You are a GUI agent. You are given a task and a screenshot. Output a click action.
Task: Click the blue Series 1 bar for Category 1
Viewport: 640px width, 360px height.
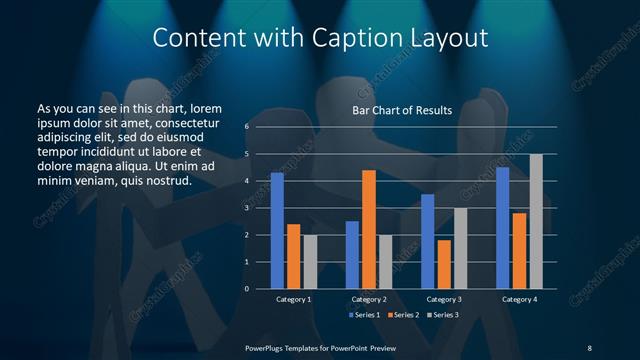point(277,231)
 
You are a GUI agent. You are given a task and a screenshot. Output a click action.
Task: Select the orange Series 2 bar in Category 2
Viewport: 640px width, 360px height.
point(369,229)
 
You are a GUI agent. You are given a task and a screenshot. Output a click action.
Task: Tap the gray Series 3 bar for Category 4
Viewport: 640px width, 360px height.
point(536,221)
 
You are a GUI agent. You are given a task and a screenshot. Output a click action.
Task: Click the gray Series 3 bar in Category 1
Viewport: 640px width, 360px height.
point(310,262)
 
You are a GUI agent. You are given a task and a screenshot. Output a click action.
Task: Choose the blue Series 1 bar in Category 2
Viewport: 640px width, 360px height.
point(352,255)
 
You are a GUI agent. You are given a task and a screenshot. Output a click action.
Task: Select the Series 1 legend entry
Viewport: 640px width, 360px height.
point(364,316)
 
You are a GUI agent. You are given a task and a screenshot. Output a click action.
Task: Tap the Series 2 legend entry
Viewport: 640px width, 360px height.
point(403,316)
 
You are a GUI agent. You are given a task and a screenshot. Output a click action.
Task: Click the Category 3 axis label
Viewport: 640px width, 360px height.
point(443,299)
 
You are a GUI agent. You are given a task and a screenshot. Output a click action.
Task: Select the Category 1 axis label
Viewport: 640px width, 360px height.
point(293,299)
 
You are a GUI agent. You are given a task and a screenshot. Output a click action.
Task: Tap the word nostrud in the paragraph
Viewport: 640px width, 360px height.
point(166,181)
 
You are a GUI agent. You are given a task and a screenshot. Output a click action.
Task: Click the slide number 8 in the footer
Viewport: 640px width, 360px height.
point(589,347)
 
